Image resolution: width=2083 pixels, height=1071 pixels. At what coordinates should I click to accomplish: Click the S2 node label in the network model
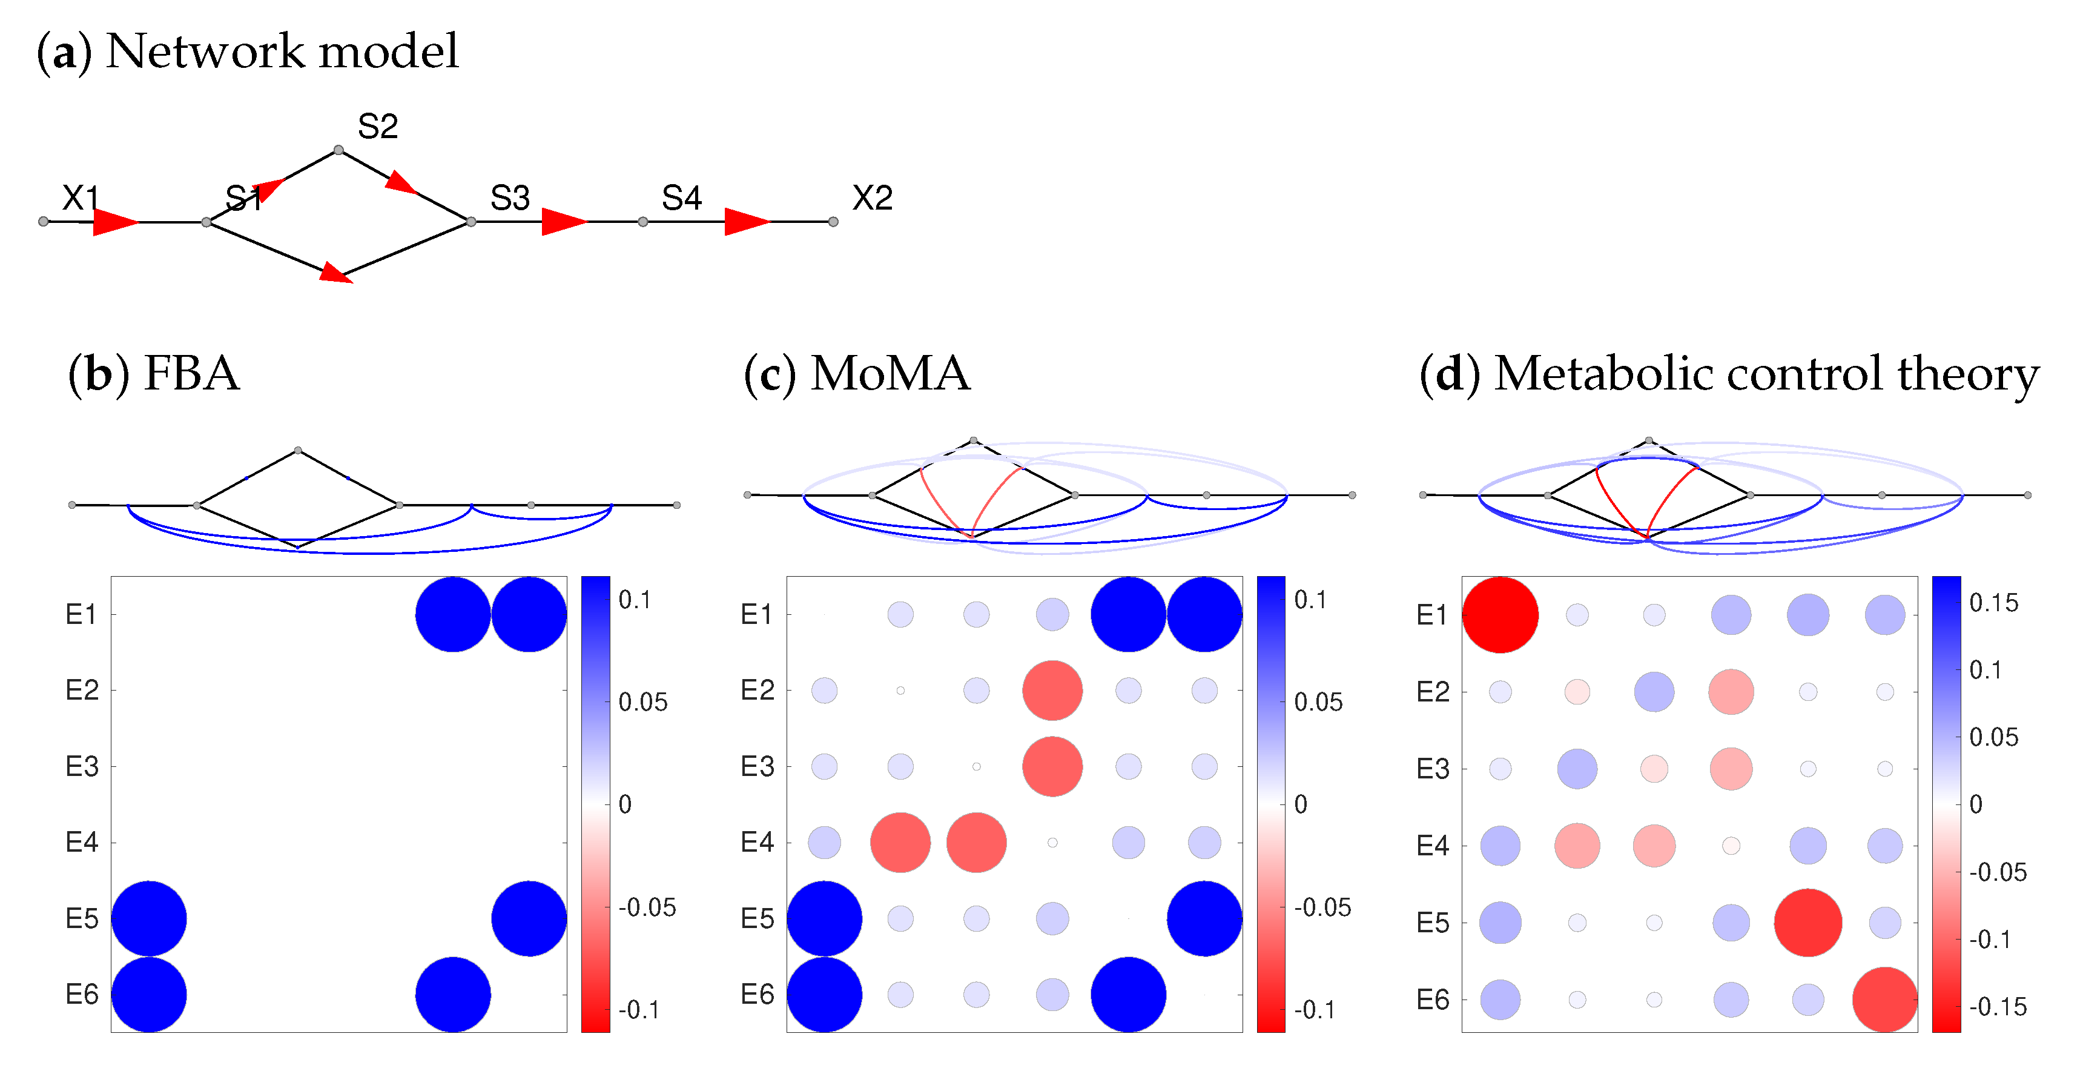pos(378,126)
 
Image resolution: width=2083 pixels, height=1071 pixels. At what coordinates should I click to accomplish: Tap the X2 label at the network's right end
pos(872,198)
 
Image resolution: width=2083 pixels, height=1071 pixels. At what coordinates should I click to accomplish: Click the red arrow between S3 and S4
pos(563,221)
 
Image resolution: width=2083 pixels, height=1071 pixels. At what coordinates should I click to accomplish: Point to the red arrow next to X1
pos(114,222)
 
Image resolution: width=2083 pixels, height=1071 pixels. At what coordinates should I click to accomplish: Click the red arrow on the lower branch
pos(335,273)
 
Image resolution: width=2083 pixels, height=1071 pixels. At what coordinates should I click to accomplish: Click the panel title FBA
pos(191,374)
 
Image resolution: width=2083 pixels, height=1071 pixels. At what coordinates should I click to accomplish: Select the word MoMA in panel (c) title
pos(890,374)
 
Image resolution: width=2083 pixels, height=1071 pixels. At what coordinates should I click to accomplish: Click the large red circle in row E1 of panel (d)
pos(1500,615)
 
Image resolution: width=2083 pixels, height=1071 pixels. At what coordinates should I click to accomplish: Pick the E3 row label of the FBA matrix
pos(82,766)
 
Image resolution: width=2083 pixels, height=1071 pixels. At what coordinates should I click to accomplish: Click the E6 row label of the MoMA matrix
pos(757,994)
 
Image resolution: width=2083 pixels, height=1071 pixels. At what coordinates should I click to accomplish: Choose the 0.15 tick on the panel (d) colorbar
pos(1993,603)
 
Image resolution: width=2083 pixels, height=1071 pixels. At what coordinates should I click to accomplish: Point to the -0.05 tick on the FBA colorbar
pos(647,907)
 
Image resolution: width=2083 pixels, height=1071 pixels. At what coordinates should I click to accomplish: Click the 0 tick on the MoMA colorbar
pos(1300,804)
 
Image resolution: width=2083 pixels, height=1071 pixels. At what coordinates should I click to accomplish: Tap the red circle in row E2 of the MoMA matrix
pos(1052,691)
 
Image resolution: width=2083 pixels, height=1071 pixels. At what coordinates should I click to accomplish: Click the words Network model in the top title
pos(282,51)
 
